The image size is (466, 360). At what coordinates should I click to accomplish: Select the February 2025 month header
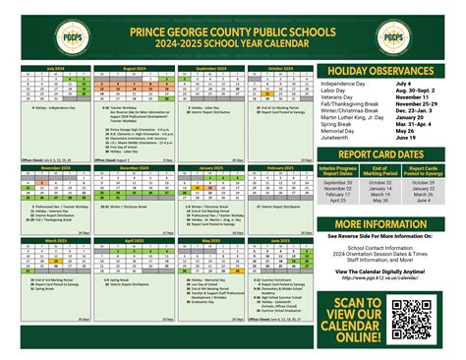pyautogui.click(x=280, y=168)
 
